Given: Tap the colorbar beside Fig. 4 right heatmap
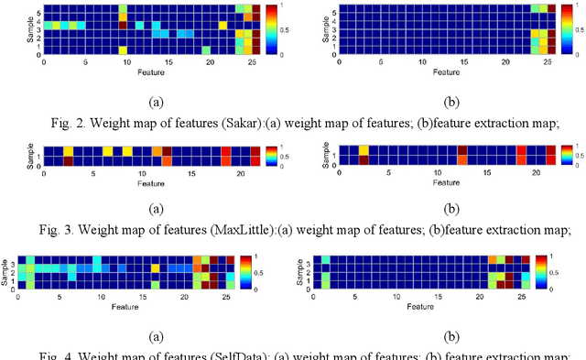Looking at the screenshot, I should pyautogui.click(x=541, y=271).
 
